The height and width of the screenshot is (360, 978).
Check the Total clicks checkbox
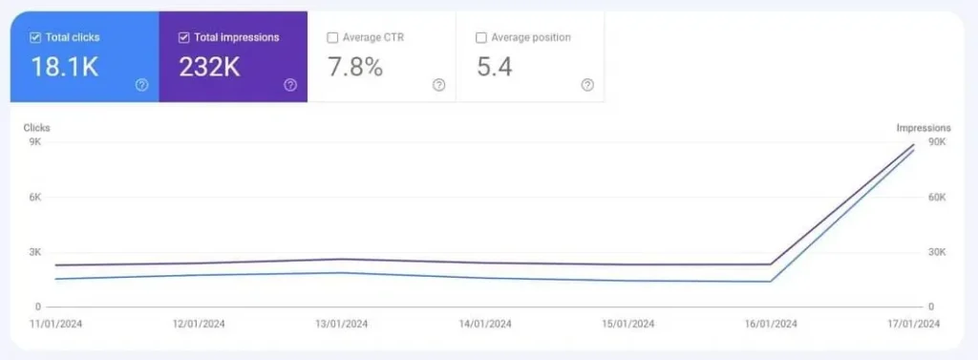point(35,37)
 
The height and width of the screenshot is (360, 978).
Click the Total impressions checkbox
point(184,37)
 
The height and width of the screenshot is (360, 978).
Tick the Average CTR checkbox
point(332,37)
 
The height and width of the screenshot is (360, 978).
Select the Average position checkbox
point(481,37)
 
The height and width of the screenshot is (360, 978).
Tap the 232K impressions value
point(209,66)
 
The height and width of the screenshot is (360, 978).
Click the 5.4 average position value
point(494,66)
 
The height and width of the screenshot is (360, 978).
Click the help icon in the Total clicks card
point(141,85)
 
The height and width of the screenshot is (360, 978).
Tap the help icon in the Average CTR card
point(438,85)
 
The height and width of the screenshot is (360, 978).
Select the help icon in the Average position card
point(587,85)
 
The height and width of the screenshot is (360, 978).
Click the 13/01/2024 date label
point(341,325)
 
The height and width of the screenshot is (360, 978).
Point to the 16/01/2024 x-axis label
point(770,325)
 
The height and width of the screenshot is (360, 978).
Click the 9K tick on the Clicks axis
point(35,142)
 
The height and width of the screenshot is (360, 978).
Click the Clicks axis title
point(36,127)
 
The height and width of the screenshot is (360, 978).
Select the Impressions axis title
point(923,127)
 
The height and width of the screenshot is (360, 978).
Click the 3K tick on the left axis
point(35,252)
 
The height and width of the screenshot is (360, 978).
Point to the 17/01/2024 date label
point(912,325)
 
